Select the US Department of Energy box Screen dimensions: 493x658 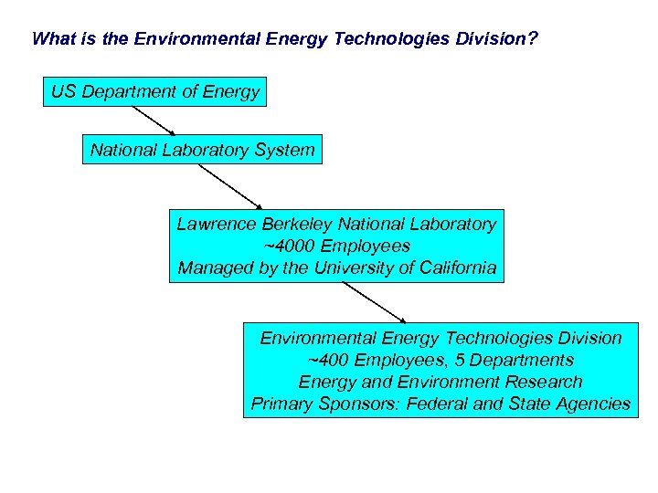click(x=154, y=91)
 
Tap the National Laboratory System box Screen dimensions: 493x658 click(x=202, y=150)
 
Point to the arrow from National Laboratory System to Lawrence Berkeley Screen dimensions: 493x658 click(x=230, y=186)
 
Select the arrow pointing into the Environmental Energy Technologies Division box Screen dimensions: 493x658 click(x=373, y=302)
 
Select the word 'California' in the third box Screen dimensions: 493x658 click(x=452, y=267)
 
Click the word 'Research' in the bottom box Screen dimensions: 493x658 click(x=544, y=382)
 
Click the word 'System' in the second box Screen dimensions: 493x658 click(x=285, y=150)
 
